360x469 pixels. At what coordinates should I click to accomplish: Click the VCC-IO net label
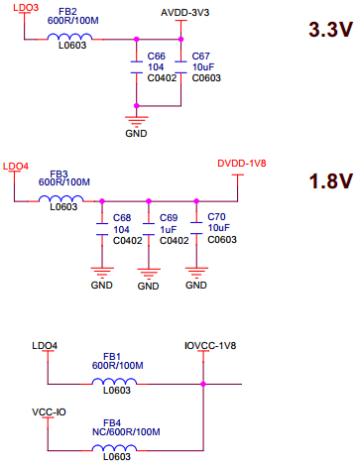point(49,410)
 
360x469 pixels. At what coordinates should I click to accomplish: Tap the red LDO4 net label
point(17,166)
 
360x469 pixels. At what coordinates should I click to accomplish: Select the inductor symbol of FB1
point(115,383)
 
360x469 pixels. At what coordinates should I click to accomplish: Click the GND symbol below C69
point(148,273)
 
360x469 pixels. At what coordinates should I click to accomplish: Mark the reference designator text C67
point(201,57)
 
